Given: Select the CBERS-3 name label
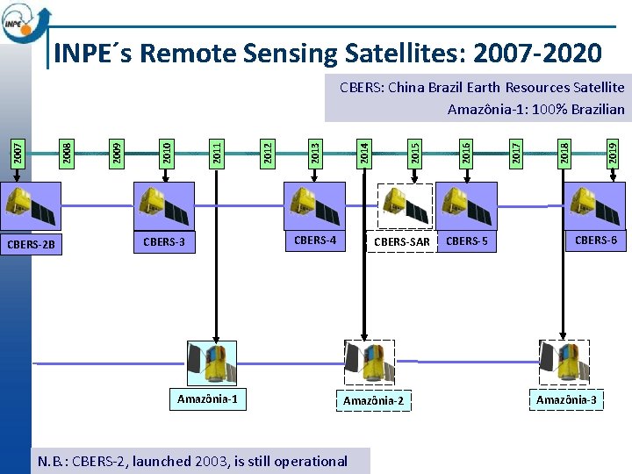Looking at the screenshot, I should tap(164, 241).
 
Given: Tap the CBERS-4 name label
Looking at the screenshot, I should tap(315, 240).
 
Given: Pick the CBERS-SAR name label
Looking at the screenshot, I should tap(402, 242).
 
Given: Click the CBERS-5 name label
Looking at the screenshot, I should tap(467, 241).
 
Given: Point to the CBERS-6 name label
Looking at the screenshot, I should tap(596, 240).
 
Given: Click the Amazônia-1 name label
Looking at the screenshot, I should tap(207, 399).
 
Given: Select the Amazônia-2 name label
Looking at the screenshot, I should tap(374, 401).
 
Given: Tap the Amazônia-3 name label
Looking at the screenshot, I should tap(566, 400).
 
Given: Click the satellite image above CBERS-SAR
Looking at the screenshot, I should tap(406, 205).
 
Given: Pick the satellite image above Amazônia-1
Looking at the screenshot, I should tap(212, 363).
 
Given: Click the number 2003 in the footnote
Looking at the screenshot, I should tap(207, 461).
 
